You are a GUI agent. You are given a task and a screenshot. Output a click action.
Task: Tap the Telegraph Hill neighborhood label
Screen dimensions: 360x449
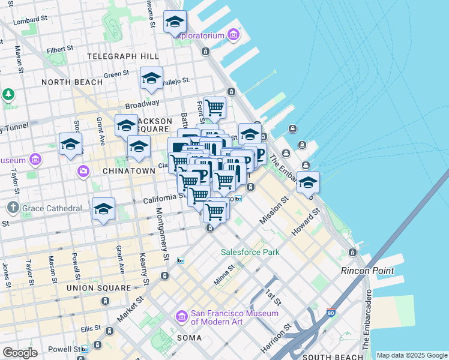123,56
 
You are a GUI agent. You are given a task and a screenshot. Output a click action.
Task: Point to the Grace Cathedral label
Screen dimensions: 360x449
52,209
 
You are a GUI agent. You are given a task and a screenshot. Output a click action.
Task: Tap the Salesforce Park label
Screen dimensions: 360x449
250,252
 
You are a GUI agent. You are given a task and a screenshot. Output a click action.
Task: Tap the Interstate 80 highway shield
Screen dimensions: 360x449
331,313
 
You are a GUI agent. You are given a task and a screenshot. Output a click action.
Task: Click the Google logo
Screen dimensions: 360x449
20,353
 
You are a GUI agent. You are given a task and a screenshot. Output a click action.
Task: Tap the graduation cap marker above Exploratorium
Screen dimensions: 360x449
175,22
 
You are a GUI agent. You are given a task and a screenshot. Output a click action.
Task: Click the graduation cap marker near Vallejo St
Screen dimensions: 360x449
151,78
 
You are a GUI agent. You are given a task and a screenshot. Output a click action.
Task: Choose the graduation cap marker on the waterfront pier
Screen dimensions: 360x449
309,183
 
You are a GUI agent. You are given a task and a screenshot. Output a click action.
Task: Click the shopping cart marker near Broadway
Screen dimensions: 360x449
214,108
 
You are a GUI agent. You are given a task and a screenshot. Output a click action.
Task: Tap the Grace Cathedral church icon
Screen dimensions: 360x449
13,208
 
